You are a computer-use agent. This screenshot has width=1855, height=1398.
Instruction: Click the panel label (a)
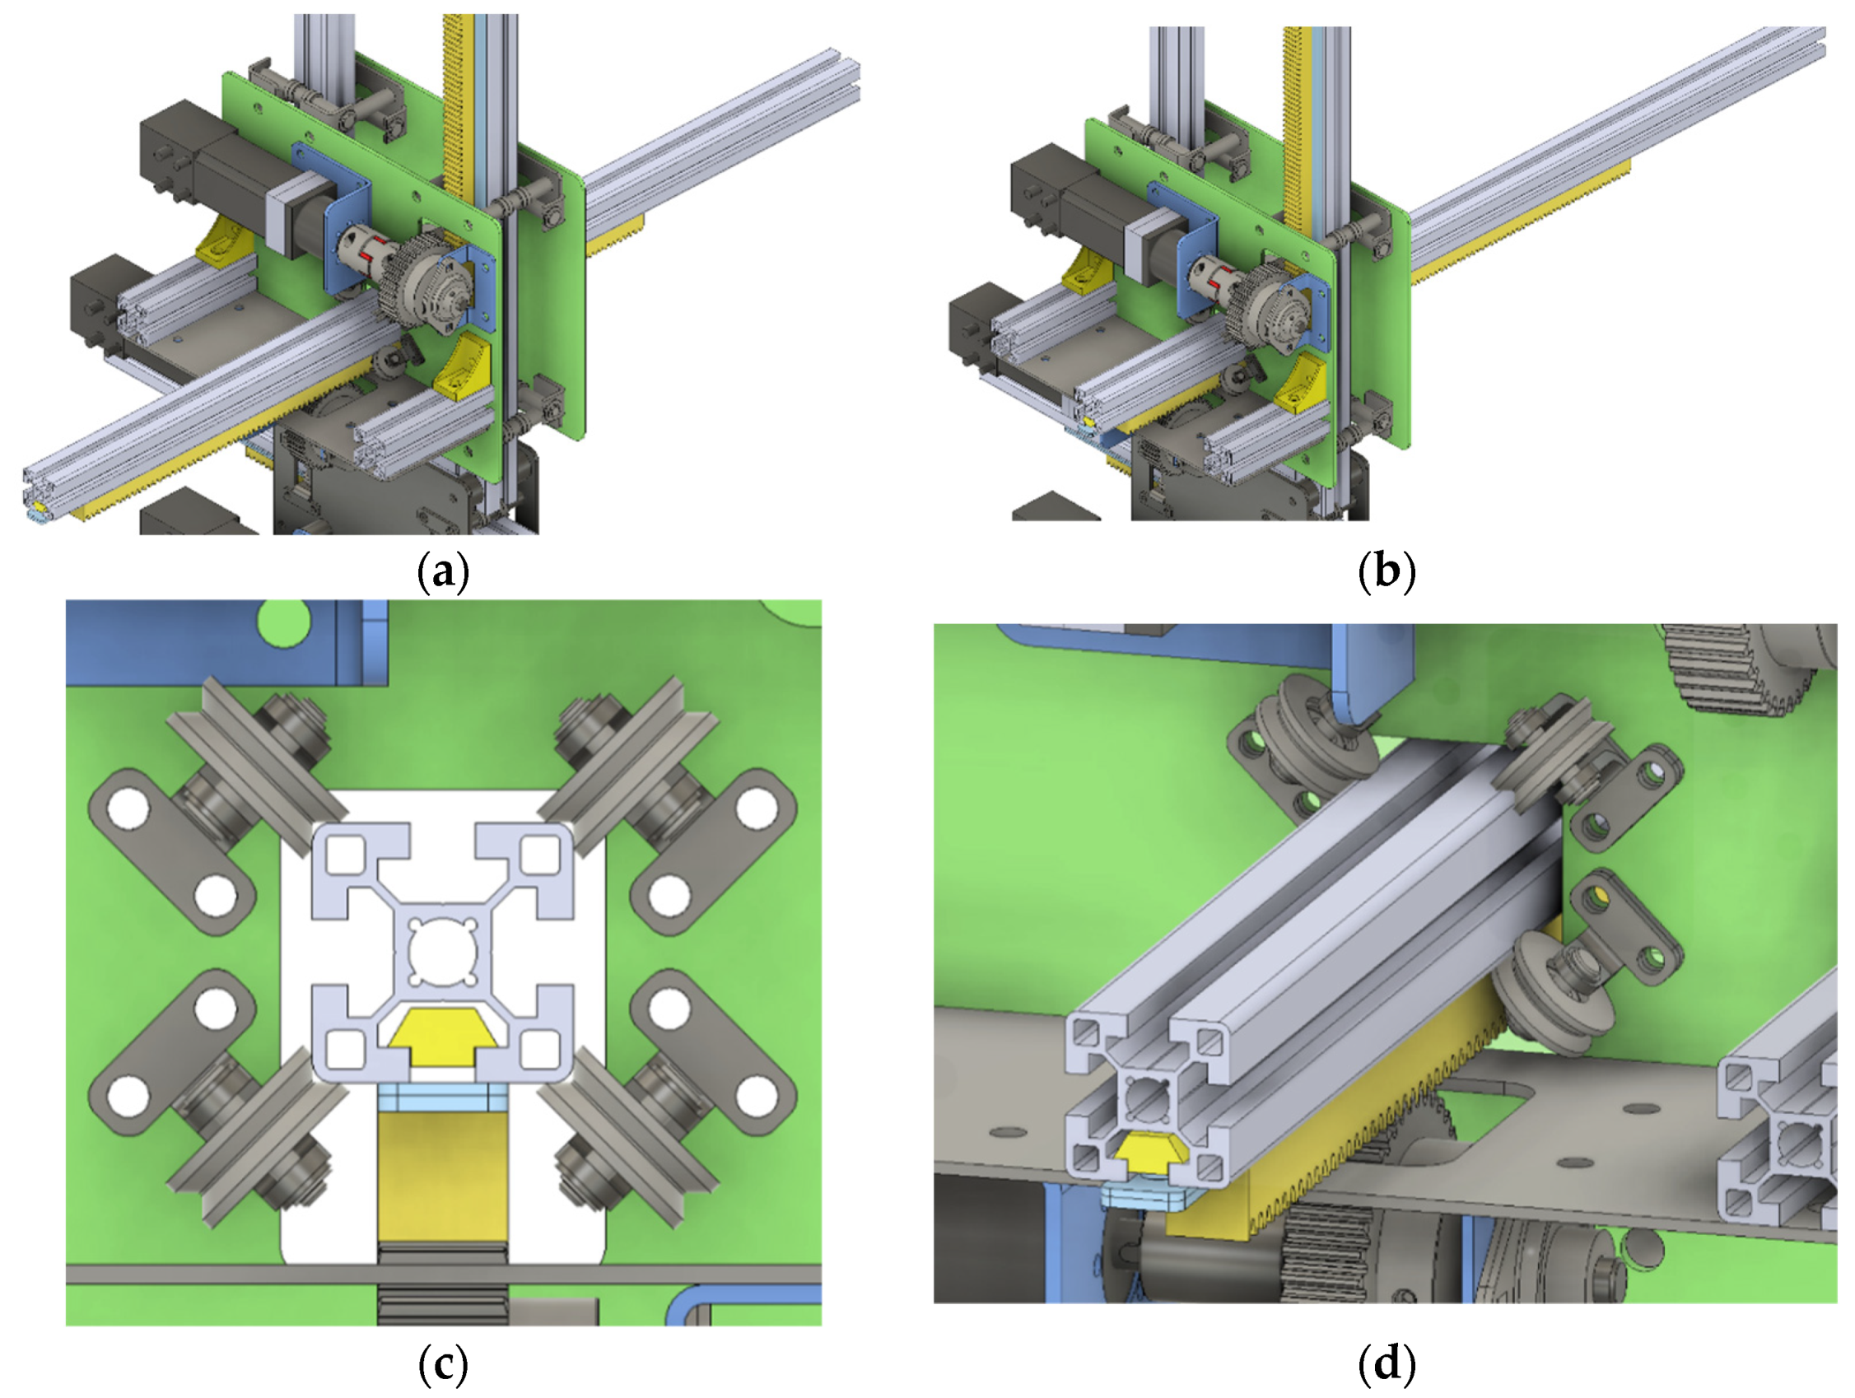[x=442, y=572]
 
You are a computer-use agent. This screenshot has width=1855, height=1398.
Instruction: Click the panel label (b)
[x=1386, y=572]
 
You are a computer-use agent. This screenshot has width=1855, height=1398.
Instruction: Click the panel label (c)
[x=442, y=1364]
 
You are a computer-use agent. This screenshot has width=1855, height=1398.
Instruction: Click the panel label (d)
[x=1386, y=1364]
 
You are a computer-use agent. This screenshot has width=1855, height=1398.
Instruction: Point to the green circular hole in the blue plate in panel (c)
[x=283, y=622]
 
